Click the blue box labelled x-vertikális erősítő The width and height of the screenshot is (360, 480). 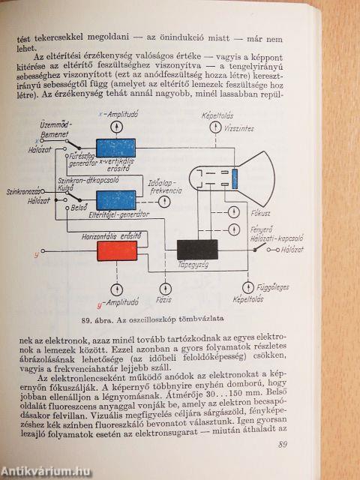(115, 147)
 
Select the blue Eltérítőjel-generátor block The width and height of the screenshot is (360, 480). (116, 200)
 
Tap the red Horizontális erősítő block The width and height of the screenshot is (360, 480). (116, 250)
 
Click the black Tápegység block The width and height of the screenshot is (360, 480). (197, 249)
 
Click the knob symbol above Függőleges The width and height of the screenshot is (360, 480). (248, 286)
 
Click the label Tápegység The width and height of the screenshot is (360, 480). (197, 265)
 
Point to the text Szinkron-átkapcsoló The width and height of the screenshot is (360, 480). (75, 180)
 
